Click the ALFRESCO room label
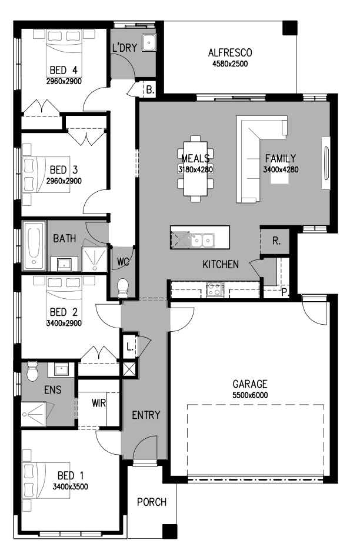coord(230,53)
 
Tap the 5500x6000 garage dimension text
coord(250,395)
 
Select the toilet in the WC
coord(122,288)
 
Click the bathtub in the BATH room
coord(34,246)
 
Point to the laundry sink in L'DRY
coord(149,43)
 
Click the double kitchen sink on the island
coord(202,239)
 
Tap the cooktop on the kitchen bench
coord(215,289)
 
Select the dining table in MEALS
coord(195,169)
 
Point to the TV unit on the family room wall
coord(326,163)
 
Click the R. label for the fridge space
coord(276,241)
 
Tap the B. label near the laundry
coord(150,90)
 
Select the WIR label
coord(99,403)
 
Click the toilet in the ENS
coord(32,371)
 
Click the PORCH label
coord(152,502)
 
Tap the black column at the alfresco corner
coord(289,28)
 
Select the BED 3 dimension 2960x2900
coord(64,181)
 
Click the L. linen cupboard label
coord(129,346)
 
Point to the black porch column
coord(170,531)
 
